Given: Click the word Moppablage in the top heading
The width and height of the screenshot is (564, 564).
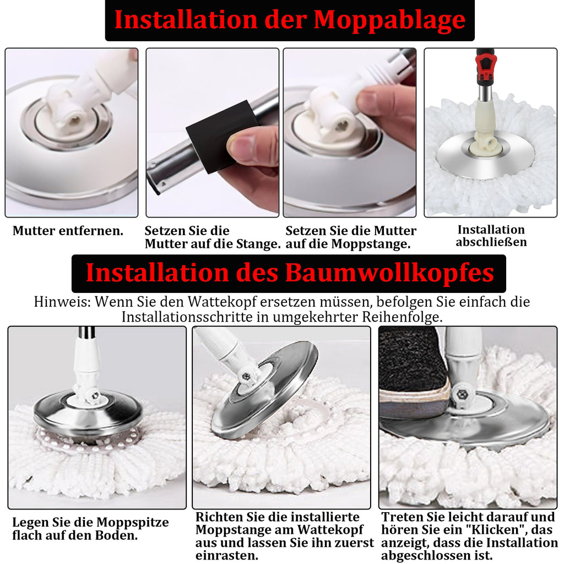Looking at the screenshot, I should tap(389, 20).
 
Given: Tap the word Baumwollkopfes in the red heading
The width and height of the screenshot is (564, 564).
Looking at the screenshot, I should tap(390, 273).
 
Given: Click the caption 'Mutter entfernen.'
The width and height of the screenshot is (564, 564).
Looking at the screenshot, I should tap(68, 231).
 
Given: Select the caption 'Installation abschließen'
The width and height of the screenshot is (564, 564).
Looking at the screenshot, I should tap(491, 236).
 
